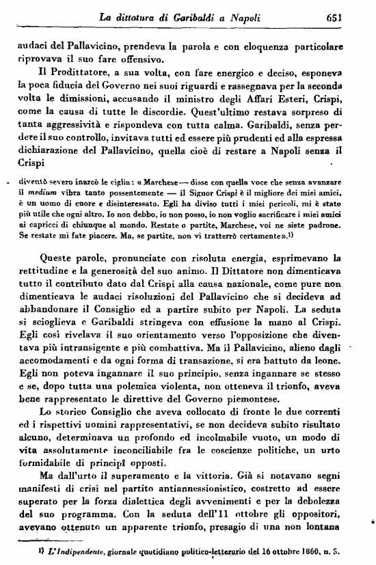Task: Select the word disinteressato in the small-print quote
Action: pos(152,203)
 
